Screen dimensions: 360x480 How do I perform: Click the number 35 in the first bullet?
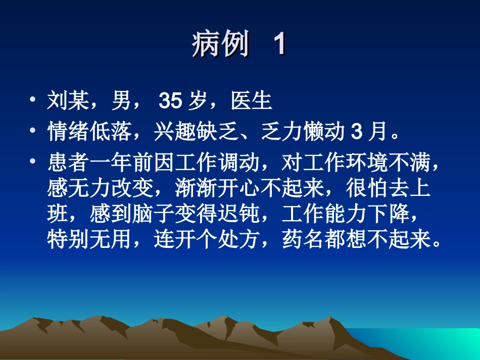(x=170, y=101)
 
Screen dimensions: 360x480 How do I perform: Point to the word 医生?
(x=252, y=101)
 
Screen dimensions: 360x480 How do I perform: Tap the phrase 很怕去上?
(x=388, y=189)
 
